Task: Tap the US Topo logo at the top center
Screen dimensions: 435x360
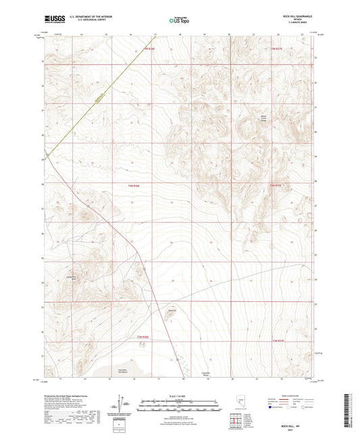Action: [x=179, y=20]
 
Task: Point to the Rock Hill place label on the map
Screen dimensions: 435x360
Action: [x=172, y=311]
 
